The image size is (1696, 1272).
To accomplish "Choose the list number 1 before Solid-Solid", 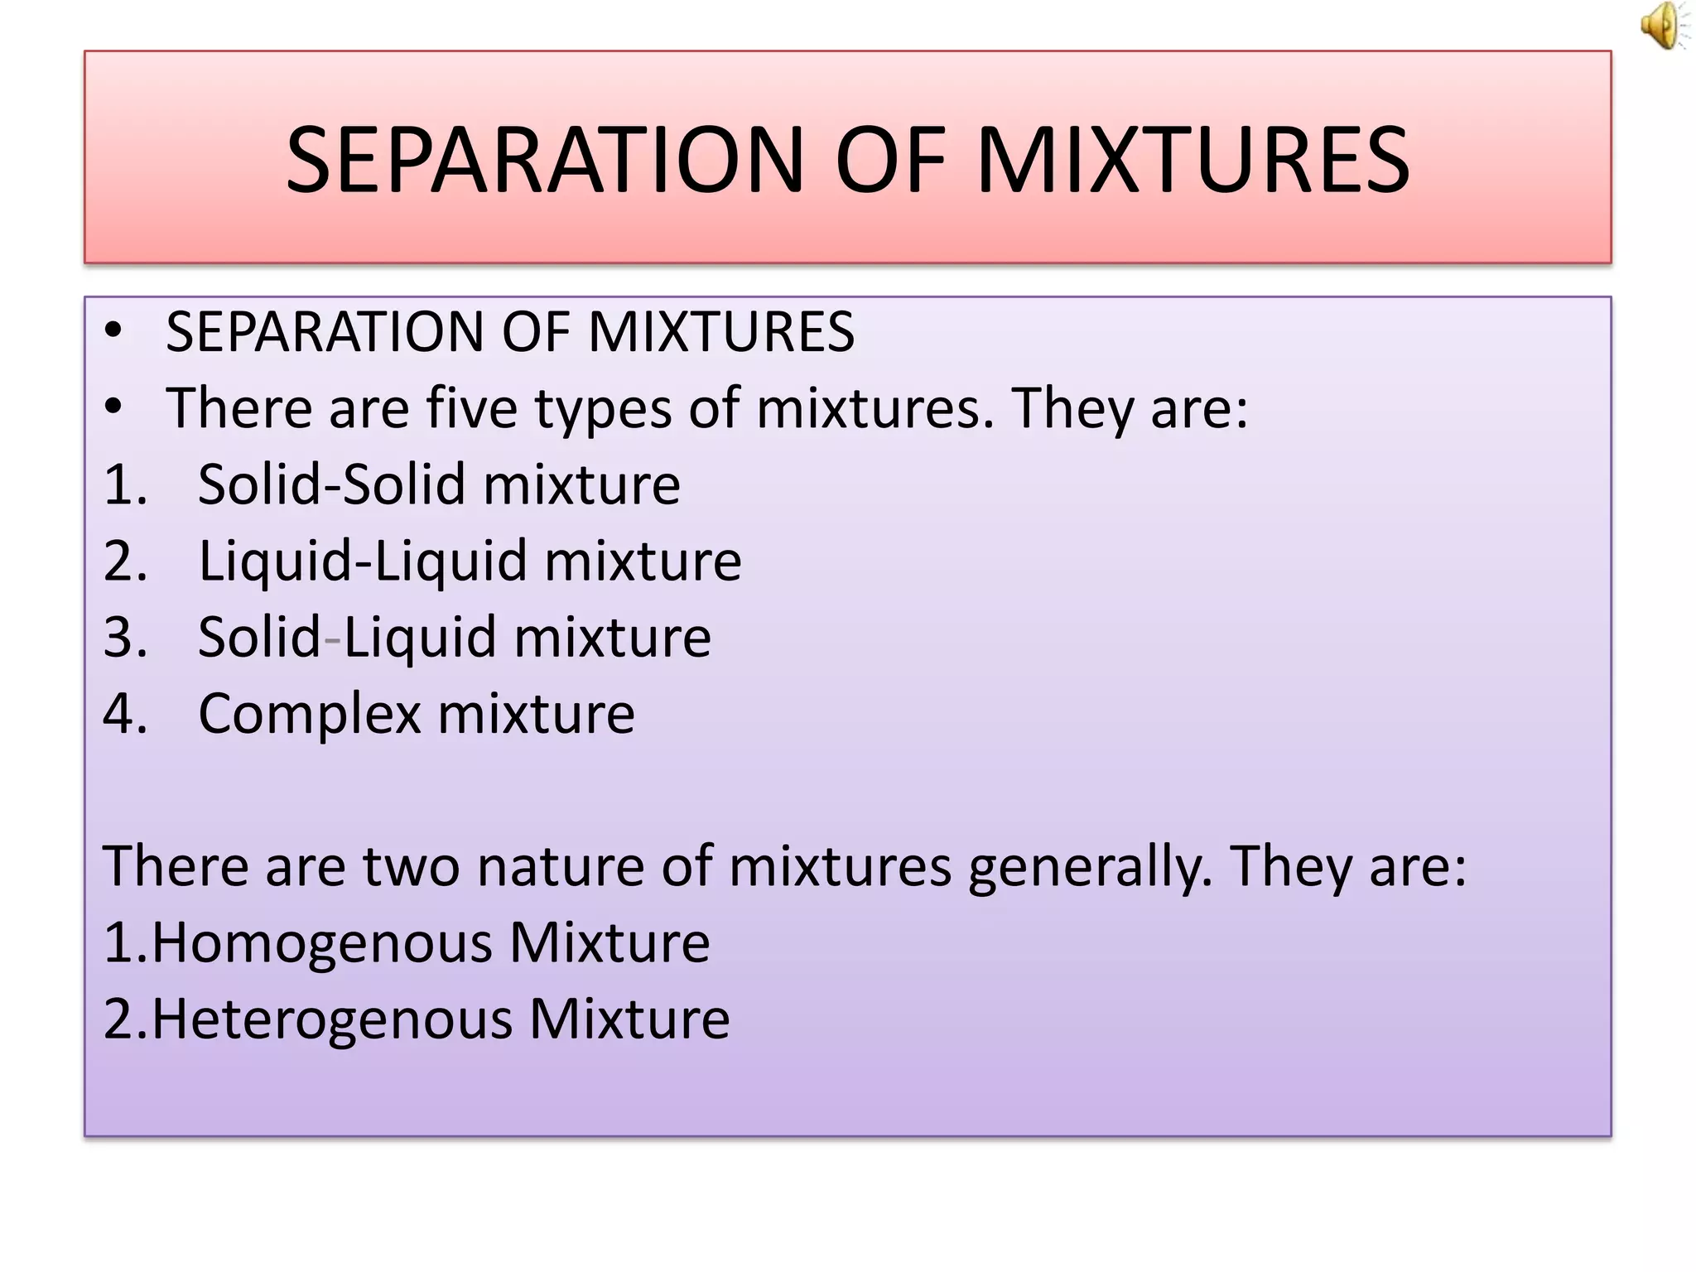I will [x=124, y=484].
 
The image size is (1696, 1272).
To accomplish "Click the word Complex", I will [x=309, y=715].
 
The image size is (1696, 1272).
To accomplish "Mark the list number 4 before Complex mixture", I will [x=124, y=714].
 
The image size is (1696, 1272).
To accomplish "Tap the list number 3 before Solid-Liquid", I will [x=124, y=638].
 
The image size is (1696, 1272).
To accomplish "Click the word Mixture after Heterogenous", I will [x=629, y=1019].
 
